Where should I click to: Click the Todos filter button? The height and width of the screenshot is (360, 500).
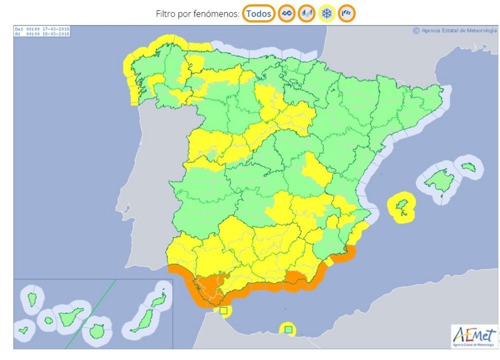point(258,14)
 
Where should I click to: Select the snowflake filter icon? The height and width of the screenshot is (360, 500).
point(326,14)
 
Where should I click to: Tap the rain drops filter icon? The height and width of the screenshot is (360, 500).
point(306,14)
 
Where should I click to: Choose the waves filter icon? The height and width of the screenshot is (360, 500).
point(286,14)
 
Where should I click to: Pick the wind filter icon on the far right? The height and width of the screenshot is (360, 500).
point(346,14)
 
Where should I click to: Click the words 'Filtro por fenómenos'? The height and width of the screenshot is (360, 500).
point(197,14)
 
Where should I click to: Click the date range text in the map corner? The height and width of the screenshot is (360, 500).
point(42,32)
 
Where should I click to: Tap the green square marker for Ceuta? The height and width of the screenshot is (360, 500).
point(224,311)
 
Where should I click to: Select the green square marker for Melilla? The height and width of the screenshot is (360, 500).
point(288,329)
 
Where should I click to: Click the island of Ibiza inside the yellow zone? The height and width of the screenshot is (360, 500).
point(400,205)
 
